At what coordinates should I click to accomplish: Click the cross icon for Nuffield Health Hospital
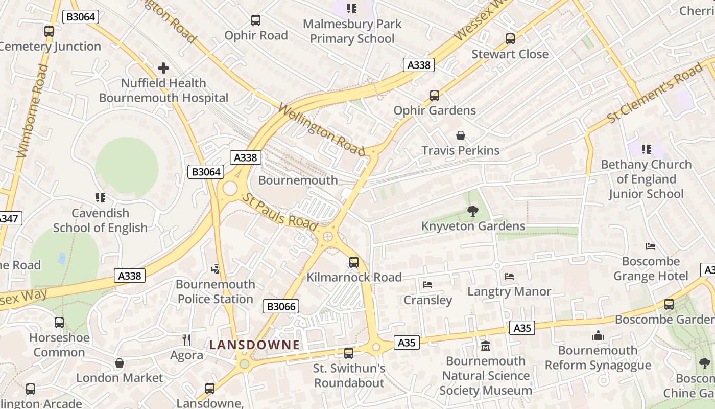tap(163, 68)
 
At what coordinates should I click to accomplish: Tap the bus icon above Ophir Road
tap(256, 20)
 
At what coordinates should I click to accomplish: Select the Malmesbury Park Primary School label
tap(352, 31)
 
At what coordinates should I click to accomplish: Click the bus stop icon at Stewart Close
tap(510, 39)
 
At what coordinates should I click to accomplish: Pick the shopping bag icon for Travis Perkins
tap(461, 135)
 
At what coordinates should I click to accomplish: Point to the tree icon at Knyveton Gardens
tap(473, 211)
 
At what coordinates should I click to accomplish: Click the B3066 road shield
tap(280, 307)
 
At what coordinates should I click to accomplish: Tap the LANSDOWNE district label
tap(254, 345)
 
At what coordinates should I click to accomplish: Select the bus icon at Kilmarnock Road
tap(353, 262)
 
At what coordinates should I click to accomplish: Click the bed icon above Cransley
tap(427, 285)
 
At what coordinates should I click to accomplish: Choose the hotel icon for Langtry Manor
tap(509, 277)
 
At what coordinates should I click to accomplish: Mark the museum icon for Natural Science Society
tap(486, 346)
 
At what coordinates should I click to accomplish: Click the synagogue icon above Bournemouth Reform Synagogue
tap(598, 336)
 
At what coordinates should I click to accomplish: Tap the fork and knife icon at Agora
tap(186, 340)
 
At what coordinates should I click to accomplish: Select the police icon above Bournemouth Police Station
tap(216, 269)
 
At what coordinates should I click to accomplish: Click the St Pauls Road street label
tap(279, 212)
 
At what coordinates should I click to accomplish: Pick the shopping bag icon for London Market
tap(119, 363)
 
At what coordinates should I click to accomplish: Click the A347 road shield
tap(8, 219)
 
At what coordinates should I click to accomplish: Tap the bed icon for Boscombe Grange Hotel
tap(651, 246)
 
